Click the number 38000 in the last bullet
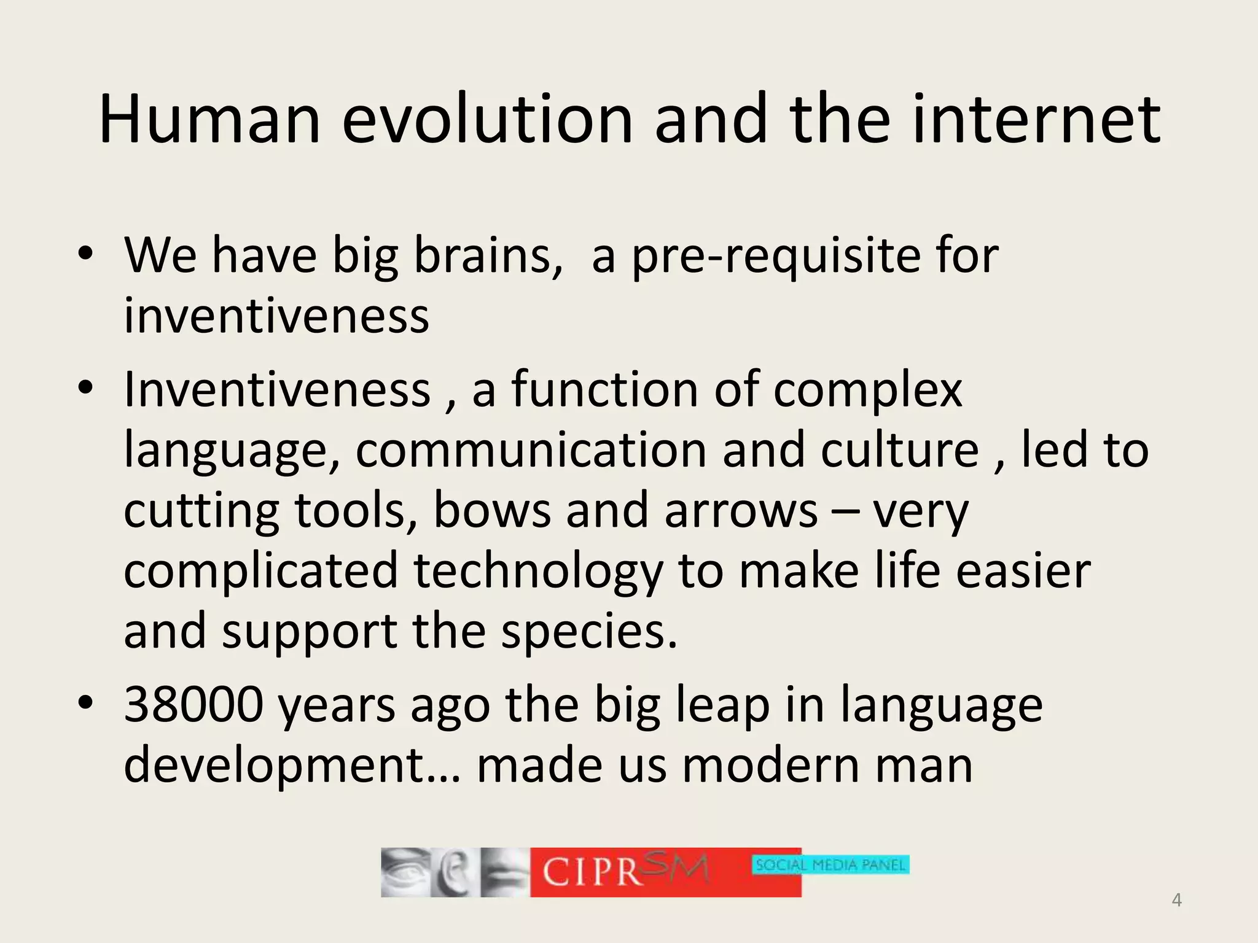pos(193,704)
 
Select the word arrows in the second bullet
pos(741,510)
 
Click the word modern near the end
pos(770,766)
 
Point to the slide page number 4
pos(1176,900)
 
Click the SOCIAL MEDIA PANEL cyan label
pos(830,865)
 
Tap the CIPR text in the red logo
pos(592,871)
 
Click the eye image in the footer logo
pos(404,872)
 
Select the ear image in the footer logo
pos(453,872)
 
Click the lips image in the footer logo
pos(504,872)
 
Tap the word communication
pos(531,450)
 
